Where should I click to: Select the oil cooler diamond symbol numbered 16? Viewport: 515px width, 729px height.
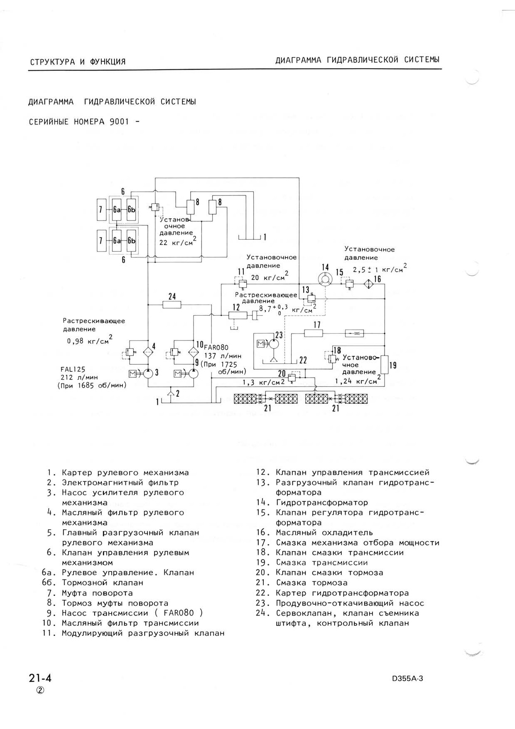(368, 284)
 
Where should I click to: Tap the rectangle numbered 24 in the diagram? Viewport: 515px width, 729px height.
(172, 305)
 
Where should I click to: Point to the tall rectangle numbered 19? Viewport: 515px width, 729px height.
(384, 365)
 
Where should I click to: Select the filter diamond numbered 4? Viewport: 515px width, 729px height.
(148, 351)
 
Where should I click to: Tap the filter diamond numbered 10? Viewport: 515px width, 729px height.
(194, 351)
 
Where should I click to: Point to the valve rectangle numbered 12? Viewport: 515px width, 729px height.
(238, 315)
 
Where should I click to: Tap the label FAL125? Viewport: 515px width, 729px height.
(73, 369)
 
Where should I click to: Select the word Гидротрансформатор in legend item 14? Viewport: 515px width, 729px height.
(322, 503)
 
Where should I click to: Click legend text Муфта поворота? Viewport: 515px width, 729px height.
(97, 593)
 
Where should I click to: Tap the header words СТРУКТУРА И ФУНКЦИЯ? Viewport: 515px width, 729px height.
(78, 62)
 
